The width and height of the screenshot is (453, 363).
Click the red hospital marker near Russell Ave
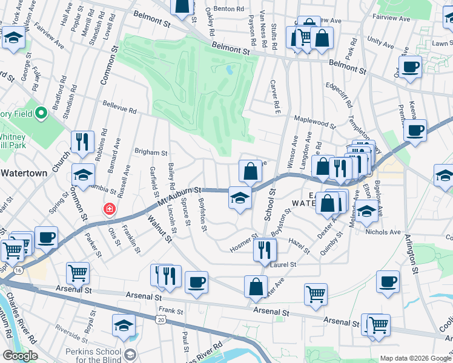(x=110, y=209)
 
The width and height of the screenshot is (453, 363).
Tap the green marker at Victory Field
(x=42, y=113)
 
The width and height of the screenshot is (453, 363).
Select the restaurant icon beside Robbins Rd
(x=82, y=142)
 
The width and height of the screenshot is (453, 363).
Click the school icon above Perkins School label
(x=124, y=325)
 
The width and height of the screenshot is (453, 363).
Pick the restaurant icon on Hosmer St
(x=264, y=250)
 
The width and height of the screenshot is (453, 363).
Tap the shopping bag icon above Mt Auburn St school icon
(x=250, y=171)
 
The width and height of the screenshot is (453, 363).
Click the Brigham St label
(x=151, y=153)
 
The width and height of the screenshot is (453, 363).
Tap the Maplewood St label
(x=315, y=122)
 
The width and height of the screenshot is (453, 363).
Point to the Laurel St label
(x=283, y=264)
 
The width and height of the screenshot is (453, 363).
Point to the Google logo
(x=19, y=356)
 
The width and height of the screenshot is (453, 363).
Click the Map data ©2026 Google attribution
(x=415, y=358)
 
